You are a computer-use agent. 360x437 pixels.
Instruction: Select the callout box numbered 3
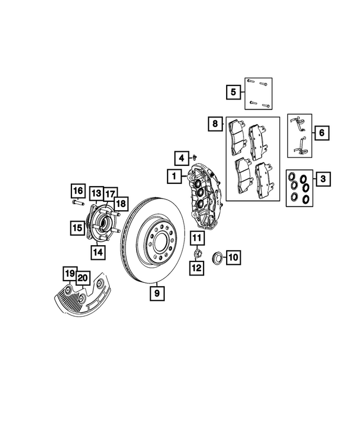pos(322,180)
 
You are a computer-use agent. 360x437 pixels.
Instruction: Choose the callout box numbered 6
pos(322,133)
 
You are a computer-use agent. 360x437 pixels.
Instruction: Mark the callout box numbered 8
pos(214,123)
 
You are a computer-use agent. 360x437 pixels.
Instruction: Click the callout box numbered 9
pos(157,292)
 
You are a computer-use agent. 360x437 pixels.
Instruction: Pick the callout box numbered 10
pos(233,258)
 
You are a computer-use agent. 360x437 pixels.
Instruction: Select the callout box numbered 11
pos(196,238)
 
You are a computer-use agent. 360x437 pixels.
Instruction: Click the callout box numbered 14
pos(98,253)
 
